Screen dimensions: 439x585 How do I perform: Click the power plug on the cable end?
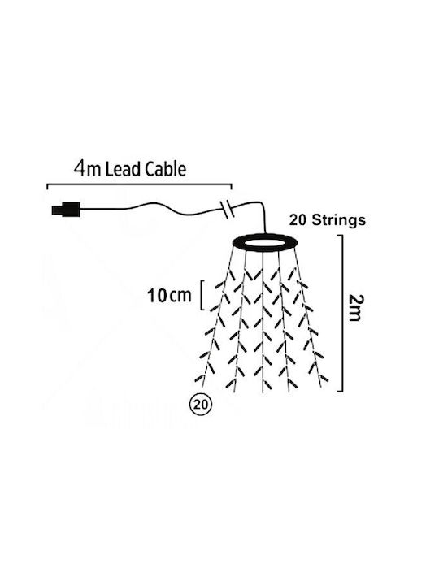66,210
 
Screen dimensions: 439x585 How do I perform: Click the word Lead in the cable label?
123,169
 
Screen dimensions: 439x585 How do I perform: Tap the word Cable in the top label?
165,169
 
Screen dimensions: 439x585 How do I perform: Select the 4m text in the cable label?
87,169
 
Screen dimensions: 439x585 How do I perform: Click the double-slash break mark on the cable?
228,209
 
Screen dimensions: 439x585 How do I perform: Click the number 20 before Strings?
298,219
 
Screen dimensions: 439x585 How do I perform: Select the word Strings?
339,220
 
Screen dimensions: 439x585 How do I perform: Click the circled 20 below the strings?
201,404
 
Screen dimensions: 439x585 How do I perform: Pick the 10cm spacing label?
169,296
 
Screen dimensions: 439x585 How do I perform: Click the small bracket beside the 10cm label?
202,295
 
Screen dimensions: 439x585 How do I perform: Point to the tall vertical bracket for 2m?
341,313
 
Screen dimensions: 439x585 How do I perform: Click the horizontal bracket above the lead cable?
139,184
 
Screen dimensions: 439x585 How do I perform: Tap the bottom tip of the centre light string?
263,392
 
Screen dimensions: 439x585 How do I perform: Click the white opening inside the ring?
265,243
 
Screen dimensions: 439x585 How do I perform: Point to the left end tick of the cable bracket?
47,186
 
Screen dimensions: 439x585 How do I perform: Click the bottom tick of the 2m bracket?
340,391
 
